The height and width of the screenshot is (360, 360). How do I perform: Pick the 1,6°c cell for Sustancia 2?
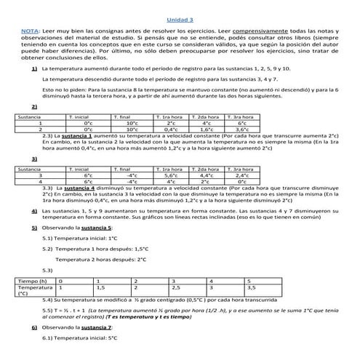[207, 129]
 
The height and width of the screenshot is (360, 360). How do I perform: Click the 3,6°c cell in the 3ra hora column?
[242, 129]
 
